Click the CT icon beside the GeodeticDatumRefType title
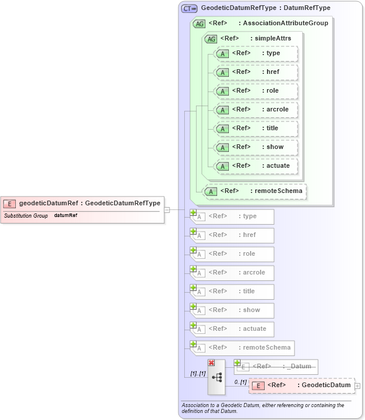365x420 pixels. coord(189,8)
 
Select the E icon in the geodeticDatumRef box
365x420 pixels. coord(9,204)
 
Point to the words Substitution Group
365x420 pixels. coord(26,215)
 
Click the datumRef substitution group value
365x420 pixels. coord(66,215)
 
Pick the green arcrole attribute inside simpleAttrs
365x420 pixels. coord(256,110)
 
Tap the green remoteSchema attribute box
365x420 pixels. coord(255,191)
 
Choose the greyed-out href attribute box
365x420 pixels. coord(234,235)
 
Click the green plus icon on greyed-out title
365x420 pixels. coord(193,287)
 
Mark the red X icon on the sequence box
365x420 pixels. coord(211,363)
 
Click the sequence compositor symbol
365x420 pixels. coord(217,378)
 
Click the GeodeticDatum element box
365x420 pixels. coord(302,385)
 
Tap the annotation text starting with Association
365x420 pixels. coord(262,408)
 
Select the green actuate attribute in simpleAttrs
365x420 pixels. coord(256,166)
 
